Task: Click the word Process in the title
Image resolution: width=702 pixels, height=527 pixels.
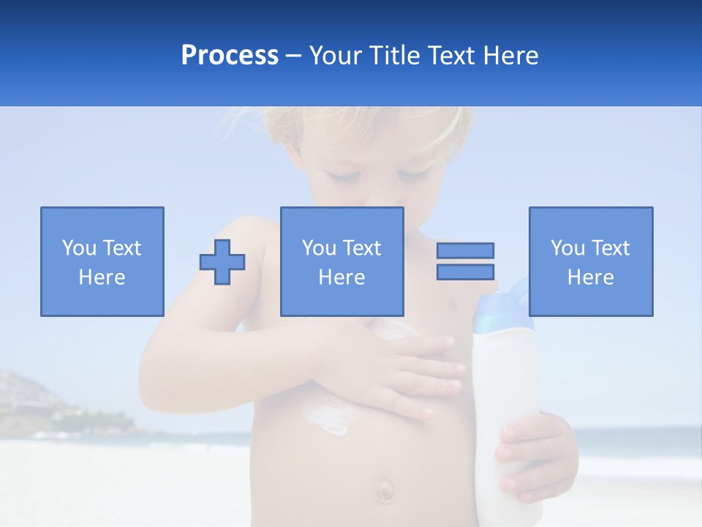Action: tap(230, 56)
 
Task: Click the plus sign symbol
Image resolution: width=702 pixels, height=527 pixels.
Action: tap(222, 262)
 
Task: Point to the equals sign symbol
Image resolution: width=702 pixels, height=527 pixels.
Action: tap(465, 261)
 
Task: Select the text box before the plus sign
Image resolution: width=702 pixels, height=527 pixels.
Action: tap(102, 261)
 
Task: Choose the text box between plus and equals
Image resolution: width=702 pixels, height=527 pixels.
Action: tap(342, 261)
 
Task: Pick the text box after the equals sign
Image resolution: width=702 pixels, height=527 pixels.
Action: tap(591, 261)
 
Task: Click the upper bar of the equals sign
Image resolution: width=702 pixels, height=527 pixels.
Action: tap(465, 251)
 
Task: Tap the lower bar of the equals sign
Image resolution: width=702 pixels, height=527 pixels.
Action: tap(465, 272)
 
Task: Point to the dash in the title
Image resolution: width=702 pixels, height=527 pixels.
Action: tap(294, 56)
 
